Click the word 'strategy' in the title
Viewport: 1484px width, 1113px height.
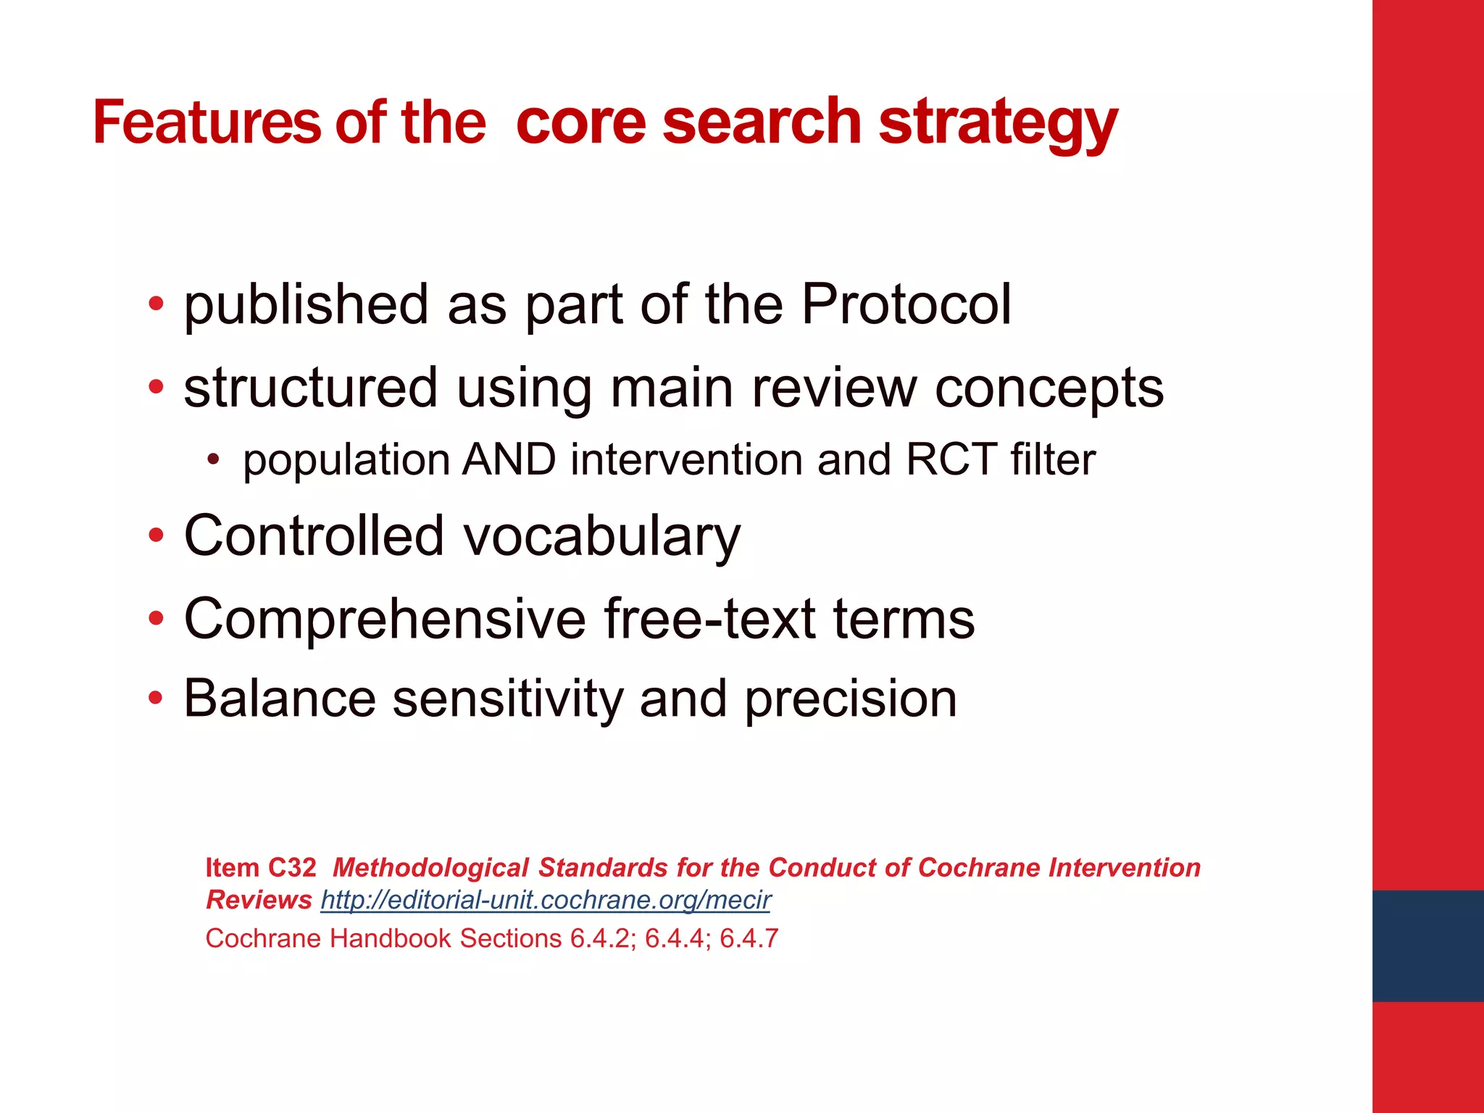click(998, 123)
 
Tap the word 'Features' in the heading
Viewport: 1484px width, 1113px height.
click(207, 123)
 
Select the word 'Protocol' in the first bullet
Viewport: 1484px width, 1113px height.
click(906, 304)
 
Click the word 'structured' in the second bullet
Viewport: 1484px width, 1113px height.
click(311, 388)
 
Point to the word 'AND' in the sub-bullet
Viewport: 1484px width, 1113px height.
click(509, 460)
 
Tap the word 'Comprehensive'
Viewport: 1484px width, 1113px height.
click(385, 619)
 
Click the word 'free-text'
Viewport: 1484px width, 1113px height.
click(709, 619)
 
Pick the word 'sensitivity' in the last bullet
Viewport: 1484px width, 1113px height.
click(507, 699)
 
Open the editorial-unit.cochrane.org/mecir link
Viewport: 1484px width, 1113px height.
click(545, 900)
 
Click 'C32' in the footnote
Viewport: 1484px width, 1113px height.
click(292, 867)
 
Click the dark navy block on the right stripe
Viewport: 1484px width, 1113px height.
click(1427, 946)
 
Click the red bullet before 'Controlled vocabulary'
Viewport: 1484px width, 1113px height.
click(156, 537)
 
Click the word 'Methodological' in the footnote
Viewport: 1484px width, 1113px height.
click(430, 867)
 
